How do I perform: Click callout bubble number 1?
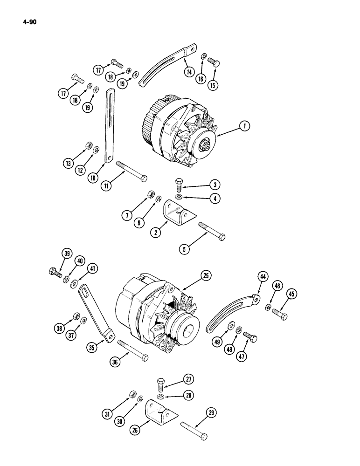245,125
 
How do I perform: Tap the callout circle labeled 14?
189,72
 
